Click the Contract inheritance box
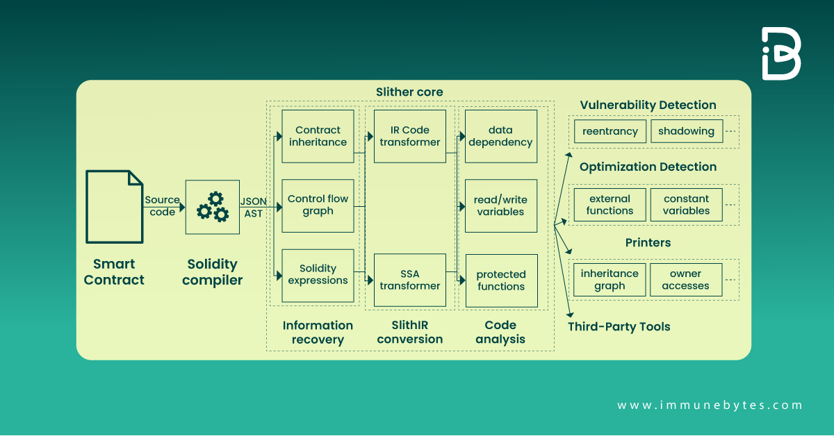(318, 136)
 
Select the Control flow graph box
(318, 205)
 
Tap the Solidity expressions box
(318, 275)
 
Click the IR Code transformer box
(409, 136)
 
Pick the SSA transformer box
(409, 280)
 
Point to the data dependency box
(500, 136)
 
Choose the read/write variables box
(500, 206)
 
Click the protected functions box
(501, 280)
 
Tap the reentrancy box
(610, 131)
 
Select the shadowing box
(686, 131)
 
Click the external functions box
(610, 205)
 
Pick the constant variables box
(686, 205)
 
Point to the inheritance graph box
(610, 280)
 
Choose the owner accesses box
(685, 280)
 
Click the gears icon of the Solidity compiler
(212, 207)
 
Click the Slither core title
(409, 92)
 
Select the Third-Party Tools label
(619, 326)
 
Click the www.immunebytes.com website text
(710, 405)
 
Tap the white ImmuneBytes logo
(780, 53)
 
